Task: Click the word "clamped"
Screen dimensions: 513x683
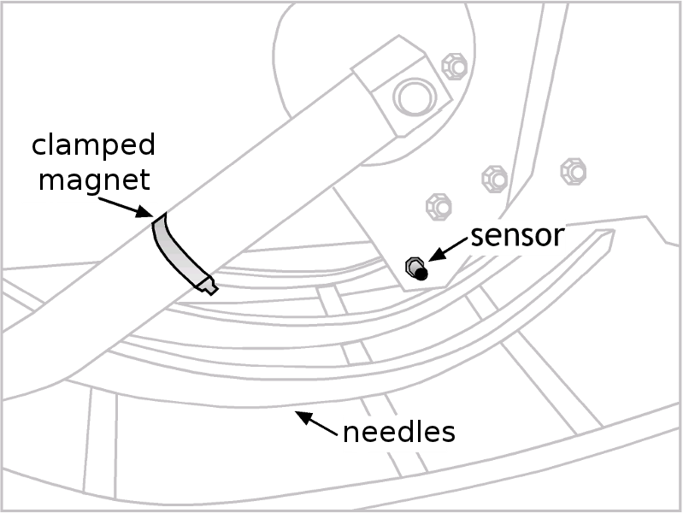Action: (x=93, y=146)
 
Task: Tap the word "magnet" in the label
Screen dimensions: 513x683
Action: (x=93, y=180)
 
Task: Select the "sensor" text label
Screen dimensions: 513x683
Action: (x=517, y=235)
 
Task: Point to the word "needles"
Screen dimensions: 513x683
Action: (x=397, y=432)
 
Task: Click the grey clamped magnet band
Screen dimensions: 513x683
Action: (x=175, y=248)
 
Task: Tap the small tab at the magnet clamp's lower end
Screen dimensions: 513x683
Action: (x=208, y=285)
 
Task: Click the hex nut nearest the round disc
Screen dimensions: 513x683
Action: (x=454, y=66)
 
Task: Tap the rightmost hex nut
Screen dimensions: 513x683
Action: (x=573, y=170)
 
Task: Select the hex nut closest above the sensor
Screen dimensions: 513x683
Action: (x=438, y=205)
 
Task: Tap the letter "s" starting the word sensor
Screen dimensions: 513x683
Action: (x=478, y=236)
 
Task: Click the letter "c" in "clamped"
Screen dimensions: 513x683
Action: (x=39, y=146)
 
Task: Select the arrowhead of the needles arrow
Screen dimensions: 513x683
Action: (x=298, y=416)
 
